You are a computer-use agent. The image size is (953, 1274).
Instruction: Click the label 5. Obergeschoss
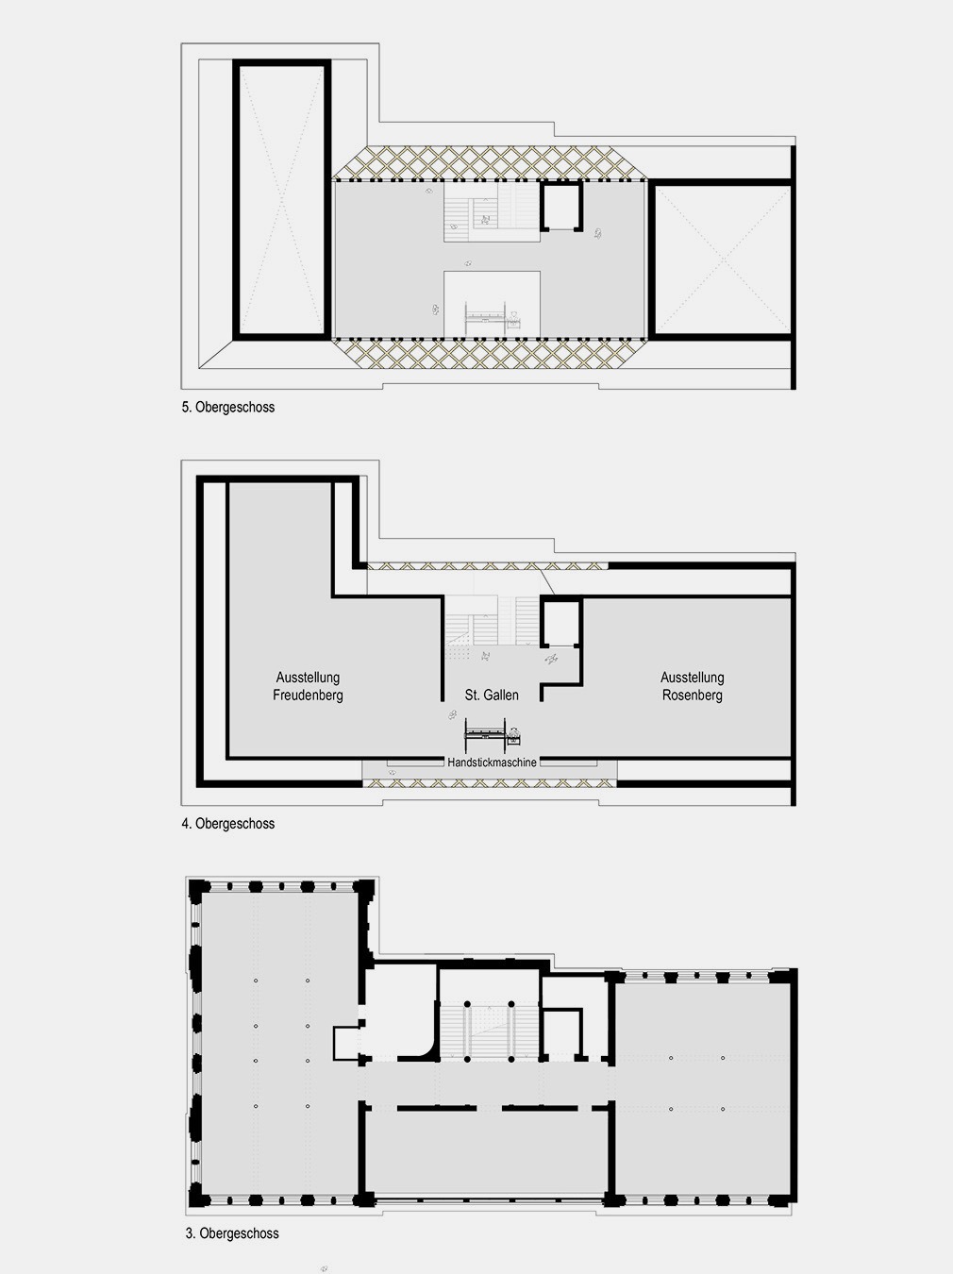(x=228, y=407)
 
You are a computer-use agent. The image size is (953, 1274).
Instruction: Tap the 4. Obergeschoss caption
(x=228, y=823)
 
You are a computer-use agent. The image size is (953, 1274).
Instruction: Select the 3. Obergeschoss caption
(x=232, y=1233)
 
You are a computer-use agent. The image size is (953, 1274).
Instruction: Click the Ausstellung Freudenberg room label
(x=308, y=686)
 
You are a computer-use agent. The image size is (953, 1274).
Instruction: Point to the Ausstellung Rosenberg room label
(x=692, y=686)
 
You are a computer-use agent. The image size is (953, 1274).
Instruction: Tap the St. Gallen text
(x=492, y=695)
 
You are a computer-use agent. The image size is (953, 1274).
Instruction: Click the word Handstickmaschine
(x=492, y=763)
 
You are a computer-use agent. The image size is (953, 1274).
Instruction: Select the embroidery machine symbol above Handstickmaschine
(x=492, y=734)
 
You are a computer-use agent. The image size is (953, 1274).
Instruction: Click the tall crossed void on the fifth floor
(x=282, y=199)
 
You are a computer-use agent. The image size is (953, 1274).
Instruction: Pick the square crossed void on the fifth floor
(x=721, y=260)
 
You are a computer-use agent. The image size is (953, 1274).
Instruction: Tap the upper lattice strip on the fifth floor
(x=491, y=162)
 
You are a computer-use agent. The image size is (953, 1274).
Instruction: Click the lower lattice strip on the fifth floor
(x=491, y=354)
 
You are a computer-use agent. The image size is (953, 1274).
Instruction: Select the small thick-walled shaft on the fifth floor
(x=561, y=207)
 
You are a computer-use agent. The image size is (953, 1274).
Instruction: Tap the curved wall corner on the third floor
(x=426, y=1050)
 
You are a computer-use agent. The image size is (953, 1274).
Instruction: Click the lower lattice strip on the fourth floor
(x=490, y=783)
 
